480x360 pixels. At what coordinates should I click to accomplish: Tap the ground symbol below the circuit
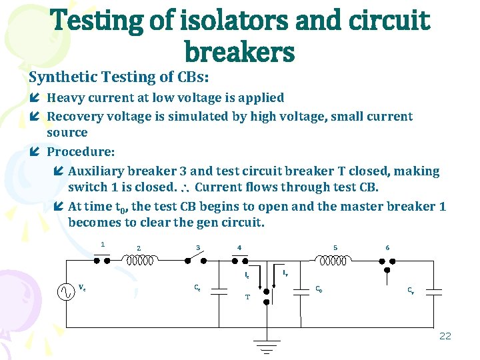pyautogui.click(x=267, y=345)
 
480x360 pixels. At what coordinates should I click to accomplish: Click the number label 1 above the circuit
pyautogui.click(x=103, y=244)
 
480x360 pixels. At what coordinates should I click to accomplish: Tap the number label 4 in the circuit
pyautogui.click(x=239, y=248)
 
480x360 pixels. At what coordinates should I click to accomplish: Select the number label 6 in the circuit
pyautogui.click(x=387, y=248)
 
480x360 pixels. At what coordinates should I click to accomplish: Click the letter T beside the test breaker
pyautogui.click(x=247, y=297)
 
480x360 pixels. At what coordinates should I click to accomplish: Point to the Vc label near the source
pyautogui.click(x=82, y=288)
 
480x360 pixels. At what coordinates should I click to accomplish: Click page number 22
pyautogui.click(x=445, y=335)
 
